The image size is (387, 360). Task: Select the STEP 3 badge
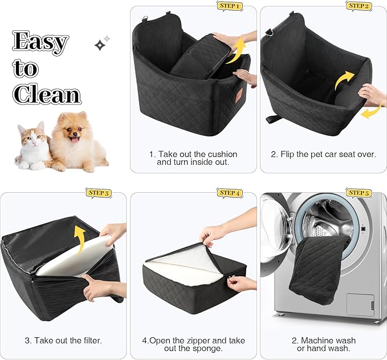[x=98, y=193]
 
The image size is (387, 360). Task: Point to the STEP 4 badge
[x=230, y=193]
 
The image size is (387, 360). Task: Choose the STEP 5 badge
[x=359, y=193]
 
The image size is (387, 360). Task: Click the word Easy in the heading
[x=40, y=42]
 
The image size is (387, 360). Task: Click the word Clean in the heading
[x=47, y=94]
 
